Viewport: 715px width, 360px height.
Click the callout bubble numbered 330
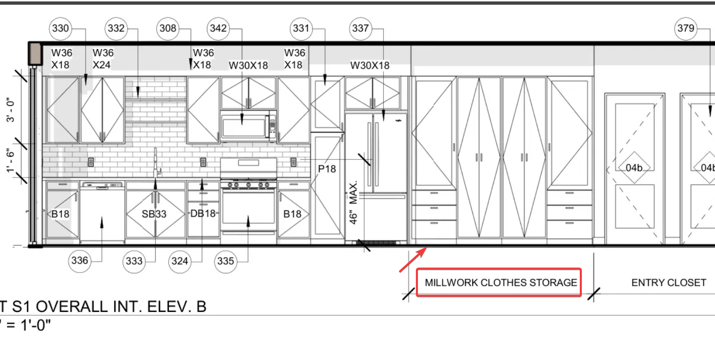tap(60, 28)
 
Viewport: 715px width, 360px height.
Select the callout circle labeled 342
tap(218, 28)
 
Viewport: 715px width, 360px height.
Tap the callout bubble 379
tap(686, 28)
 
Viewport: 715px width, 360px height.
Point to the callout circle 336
tap(79, 261)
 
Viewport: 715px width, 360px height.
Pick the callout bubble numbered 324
tap(180, 261)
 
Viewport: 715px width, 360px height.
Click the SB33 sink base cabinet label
tap(154, 214)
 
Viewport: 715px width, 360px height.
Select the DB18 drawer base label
tap(203, 214)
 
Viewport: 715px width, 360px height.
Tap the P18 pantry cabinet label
tap(327, 169)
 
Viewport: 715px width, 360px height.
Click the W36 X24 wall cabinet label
tap(103, 59)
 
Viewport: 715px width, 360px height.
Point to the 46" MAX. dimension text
tap(353, 203)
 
